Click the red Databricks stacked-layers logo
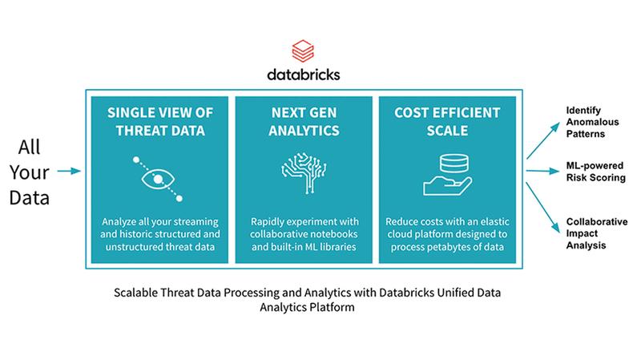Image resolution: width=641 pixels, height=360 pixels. [303, 51]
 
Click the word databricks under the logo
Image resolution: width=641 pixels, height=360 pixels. [304, 75]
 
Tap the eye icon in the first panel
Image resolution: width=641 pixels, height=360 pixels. [158, 179]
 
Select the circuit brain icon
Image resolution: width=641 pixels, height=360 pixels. [304, 172]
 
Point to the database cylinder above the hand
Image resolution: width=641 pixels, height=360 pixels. [454, 164]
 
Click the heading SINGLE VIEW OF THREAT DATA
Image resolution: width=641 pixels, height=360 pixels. [159, 122]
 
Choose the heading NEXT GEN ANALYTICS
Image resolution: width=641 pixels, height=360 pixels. [304, 122]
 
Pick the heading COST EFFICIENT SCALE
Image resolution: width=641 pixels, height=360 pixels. [447, 122]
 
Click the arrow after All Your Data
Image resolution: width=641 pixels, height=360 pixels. [69, 171]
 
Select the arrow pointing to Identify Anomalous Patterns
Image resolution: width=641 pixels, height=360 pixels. [543, 140]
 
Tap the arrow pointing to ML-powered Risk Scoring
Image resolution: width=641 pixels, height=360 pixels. [542, 171]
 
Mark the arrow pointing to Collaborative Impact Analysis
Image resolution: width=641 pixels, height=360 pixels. [543, 208]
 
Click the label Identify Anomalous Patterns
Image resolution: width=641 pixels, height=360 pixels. [592, 122]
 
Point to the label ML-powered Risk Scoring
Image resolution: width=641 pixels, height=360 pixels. [595, 172]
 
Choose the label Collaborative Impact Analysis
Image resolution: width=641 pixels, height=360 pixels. [597, 233]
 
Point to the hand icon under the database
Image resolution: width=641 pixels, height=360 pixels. [448, 186]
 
